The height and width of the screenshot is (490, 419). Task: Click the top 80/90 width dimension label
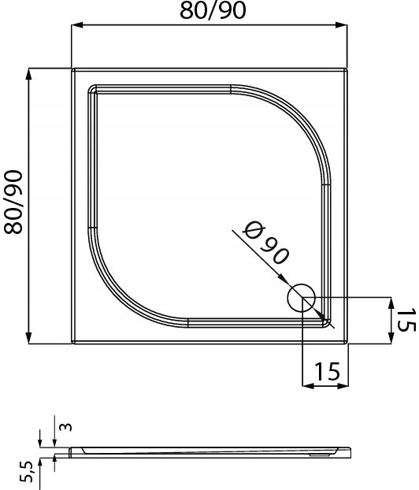[213, 10]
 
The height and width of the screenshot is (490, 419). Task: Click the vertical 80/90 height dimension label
[13, 202]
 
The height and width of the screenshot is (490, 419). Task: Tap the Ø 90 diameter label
[266, 243]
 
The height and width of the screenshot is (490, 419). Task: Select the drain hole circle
[301, 298]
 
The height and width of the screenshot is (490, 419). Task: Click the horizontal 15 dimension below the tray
[327, 372]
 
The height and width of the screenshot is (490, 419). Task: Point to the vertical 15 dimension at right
[406, 320]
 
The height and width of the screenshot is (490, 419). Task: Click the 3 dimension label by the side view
[65, 427]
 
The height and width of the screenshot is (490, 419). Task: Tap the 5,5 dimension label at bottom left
[27, 471]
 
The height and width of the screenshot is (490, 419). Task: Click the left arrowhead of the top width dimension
[77, 25]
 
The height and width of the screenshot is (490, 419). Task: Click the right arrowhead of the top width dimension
[341, 25]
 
